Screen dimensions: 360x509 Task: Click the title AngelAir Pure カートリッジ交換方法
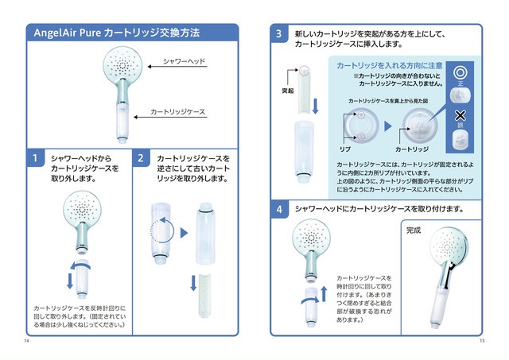tap(116, 33)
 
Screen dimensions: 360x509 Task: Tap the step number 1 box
tap(34, 158)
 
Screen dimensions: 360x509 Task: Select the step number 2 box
tap(141, 158)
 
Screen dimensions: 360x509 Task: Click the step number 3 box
tap(279, 34)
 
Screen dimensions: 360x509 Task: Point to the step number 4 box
tap(279, 209)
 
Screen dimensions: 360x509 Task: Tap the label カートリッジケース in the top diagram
tap(178, 113)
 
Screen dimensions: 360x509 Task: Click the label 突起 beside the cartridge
tap(288, 91)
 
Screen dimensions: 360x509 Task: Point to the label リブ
tap(346, 148)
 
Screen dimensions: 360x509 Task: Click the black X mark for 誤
tap(458, 115)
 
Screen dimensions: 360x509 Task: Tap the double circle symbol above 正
tap(458, 70)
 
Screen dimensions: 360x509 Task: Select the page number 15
tap(482, 341)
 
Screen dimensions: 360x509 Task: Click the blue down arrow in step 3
tap(315, 104)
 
